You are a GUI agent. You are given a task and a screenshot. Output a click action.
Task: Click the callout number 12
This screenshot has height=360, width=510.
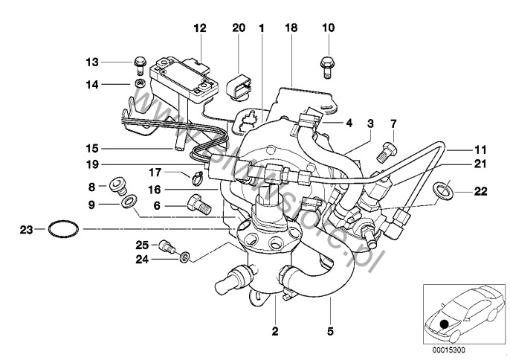pyautogui.click(x=199, y=28)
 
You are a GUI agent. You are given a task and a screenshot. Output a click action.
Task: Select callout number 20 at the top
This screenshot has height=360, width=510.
pyautogui.click(x=238, y=28)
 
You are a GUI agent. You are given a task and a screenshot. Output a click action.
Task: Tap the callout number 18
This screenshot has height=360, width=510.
pyautogui.click(x=291, y=28)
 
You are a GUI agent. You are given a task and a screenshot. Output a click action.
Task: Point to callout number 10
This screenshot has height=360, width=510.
pyautogui.click(x=329, y=28)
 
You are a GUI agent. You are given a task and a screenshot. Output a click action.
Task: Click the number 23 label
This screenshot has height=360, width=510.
pyautogui.click(x=24, y=229)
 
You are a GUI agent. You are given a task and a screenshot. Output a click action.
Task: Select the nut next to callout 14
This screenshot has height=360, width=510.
pyautogui.click(x=139, y=84)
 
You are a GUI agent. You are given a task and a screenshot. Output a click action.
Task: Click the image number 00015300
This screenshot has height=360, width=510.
pyautogui.click(x=448, y=349)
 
